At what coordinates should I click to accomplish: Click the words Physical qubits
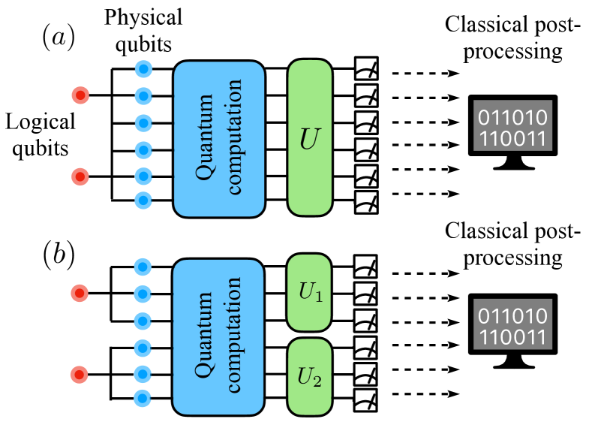143,29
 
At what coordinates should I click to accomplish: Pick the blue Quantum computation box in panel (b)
219,332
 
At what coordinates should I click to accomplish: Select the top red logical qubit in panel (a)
80,95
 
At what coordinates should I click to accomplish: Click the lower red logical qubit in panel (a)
80,176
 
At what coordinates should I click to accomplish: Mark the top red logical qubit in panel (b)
80,291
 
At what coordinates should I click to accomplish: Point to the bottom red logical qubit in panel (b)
80,373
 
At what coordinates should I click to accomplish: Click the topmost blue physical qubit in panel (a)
143,70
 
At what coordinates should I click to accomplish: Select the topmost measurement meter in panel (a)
367,70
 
